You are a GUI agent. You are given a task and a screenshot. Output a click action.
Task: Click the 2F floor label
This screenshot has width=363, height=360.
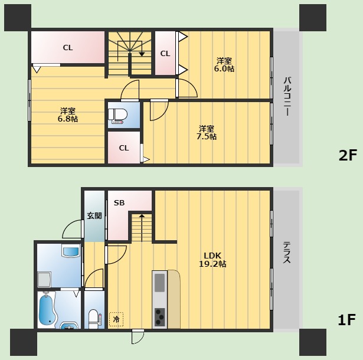tap(348, 155)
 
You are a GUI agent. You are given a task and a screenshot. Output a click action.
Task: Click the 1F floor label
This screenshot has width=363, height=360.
tap(346, 320)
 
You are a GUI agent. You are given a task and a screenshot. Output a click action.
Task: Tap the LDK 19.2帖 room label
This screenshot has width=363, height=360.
tap(212, 260)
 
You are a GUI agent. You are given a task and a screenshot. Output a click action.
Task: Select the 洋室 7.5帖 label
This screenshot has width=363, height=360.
tap(207, 133)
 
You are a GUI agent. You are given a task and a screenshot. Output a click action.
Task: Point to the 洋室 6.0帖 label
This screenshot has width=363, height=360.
tap(224, 65)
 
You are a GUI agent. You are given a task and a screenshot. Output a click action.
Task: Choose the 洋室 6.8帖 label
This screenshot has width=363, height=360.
tap(68, 115)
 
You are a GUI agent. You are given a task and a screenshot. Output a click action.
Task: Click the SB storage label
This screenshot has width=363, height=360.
tap(119, 203)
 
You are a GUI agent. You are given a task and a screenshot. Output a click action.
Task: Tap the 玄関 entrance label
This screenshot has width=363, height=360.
tap(94, 216)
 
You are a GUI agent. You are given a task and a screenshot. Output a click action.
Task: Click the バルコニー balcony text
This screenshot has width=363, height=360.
tap(287, 96)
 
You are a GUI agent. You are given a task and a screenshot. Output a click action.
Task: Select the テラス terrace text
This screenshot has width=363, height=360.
tap(287, 253)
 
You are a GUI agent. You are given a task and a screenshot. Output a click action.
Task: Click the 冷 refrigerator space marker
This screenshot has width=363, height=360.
tap(116, 319)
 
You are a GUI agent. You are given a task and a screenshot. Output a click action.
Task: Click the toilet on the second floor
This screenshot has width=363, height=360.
tap(118, 116)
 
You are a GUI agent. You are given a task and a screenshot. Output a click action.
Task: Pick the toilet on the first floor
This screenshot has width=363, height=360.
tap(94, 319)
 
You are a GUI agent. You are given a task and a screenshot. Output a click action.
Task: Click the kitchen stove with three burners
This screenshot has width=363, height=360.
tap(160, 317)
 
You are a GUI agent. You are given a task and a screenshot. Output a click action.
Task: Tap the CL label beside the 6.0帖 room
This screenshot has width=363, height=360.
tap(165, 54)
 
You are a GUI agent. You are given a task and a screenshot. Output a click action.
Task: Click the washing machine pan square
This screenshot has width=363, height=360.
tap(44, 280)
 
